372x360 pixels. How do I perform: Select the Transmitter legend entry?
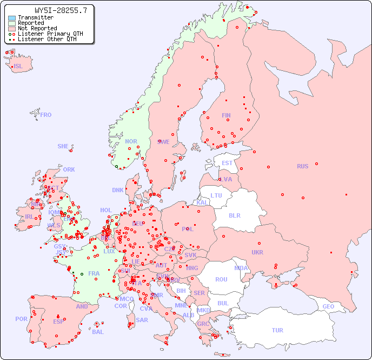35,18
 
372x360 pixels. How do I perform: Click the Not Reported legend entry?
37,29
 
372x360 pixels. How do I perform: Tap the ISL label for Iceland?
18,67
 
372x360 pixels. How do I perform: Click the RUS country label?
302,166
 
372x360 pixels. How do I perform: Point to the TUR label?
277,330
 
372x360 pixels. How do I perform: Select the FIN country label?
226,115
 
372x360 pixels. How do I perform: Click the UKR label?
257,253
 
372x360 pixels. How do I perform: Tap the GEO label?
328,306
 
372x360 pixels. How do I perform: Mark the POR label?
21,319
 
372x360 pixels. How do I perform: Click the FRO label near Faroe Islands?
46,115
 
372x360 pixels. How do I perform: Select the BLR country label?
234,215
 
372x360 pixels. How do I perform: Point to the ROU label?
221,279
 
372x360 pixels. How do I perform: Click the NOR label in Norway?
131,141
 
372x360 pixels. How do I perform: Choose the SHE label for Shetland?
63,146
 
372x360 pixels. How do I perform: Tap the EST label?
227,163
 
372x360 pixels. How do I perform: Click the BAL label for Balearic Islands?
97,332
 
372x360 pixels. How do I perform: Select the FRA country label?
94,273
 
